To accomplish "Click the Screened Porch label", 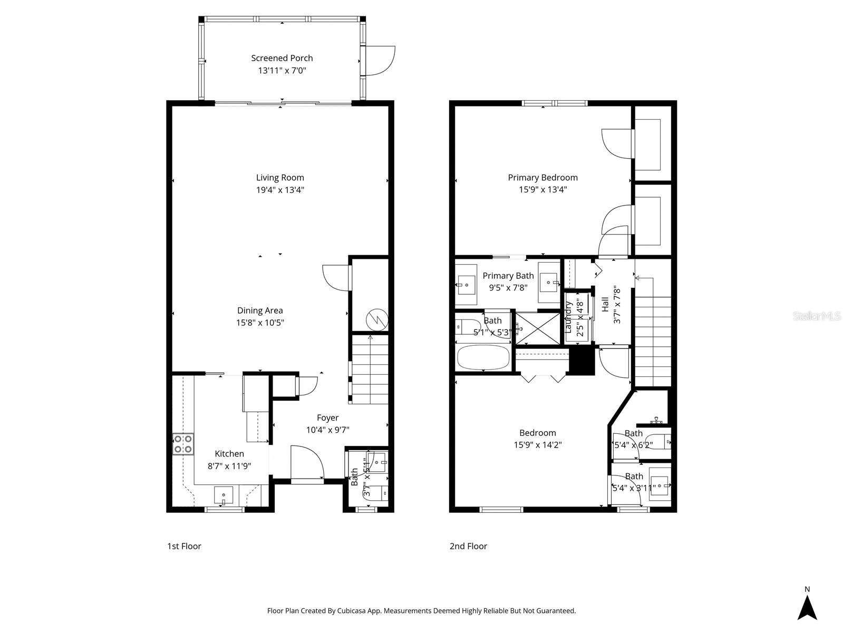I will (x=282, y=58).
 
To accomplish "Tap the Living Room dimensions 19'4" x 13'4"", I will (x=280, y=190).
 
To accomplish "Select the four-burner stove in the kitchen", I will (x=183, y=444).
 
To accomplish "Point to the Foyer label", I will (x=327, y=417).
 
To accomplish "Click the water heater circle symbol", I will (x=377, y=318).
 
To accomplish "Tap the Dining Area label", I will (x=260, y=310).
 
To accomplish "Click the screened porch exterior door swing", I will (x=380, y=61).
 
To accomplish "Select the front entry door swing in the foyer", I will (x=307, y=462).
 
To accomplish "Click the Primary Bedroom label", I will (x=542, y=178).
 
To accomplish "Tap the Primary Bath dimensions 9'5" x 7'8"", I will (x=508, y=288).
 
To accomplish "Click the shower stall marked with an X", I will (x=538, y=328).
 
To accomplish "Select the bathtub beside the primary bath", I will (x=483, y=358).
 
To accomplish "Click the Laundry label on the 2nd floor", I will (x=569, y=317).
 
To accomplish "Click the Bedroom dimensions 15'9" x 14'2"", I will (x=538, y=445).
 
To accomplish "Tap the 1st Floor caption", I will (x=184, y=546).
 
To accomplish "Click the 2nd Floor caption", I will (x=468, y=546).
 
